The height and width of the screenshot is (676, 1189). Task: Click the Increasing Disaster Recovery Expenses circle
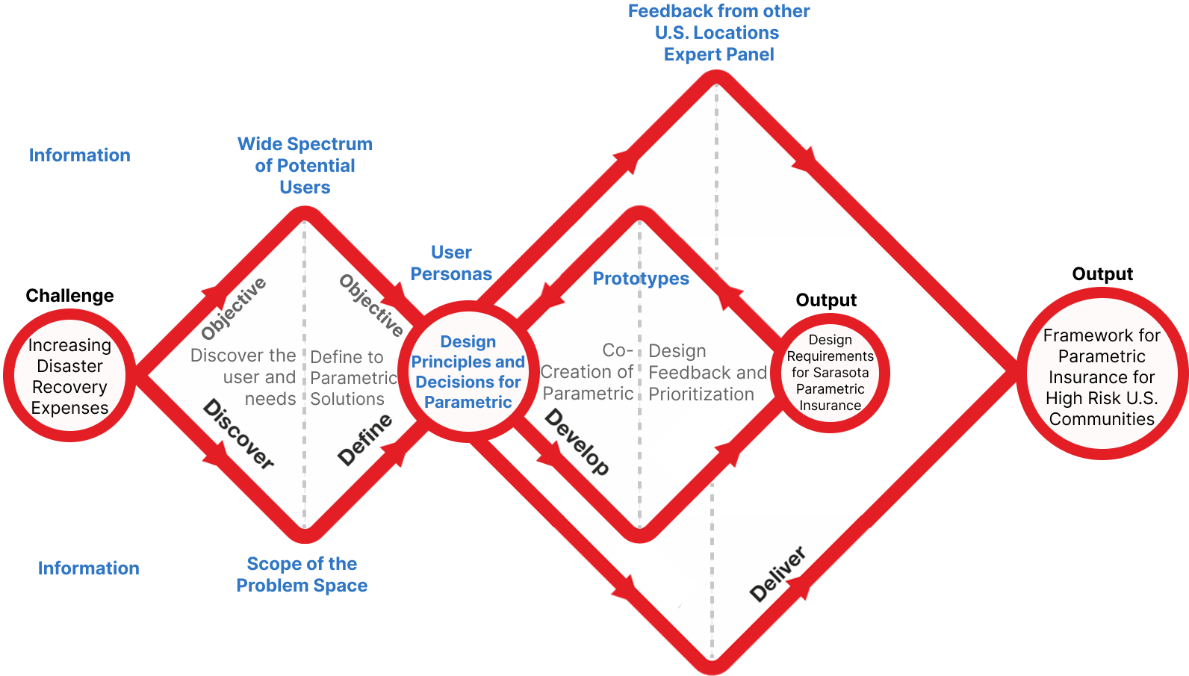point(69,376)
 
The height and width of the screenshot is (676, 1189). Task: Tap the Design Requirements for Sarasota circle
point(831,373)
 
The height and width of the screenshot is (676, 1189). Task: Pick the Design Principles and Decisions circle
point(468,371)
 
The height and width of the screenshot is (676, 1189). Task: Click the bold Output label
point(826,300)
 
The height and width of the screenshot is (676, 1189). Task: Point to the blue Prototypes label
point(641,279)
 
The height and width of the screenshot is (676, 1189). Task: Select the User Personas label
point(451,263)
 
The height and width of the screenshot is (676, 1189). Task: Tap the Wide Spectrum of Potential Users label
point(305,165)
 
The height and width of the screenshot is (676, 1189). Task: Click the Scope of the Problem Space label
point(302,574)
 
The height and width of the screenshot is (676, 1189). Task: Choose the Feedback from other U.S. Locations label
point(718,32)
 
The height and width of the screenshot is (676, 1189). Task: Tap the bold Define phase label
point(364,440)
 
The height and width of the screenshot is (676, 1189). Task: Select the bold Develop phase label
point(577,441)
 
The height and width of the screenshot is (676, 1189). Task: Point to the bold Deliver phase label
point(777,574)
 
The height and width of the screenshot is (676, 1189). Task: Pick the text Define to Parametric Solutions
point(353,378)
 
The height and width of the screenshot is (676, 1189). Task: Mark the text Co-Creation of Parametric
point(588,372)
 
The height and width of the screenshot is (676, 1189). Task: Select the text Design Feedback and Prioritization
point(706,373)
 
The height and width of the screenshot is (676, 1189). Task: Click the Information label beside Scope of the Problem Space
point(88,568)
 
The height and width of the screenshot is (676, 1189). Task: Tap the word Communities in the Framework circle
point(1102,419)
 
